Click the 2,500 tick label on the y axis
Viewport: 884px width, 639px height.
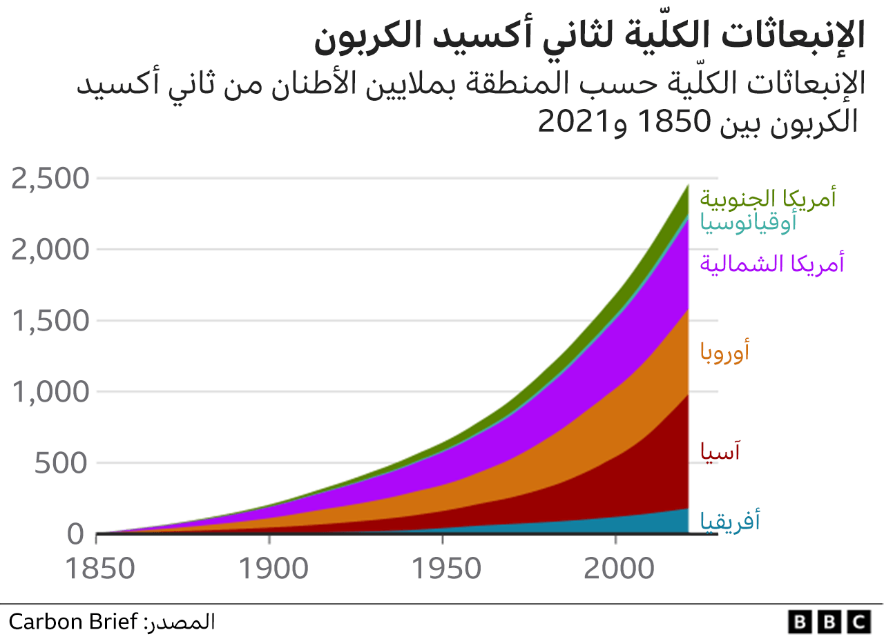(51, 179)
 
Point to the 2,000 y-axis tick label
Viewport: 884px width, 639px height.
(51, 250)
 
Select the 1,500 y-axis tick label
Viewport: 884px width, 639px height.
(51, 321)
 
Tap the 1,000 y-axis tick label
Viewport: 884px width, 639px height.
(51, 392)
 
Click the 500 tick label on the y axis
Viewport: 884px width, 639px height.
(62, 463)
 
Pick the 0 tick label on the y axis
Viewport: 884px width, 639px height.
(76, 534)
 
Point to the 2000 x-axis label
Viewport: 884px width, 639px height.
(616, 569)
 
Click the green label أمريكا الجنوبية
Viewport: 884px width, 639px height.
(768, 198)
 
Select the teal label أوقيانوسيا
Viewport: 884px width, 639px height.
(749, 222)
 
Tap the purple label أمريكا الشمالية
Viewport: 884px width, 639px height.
(772, 264)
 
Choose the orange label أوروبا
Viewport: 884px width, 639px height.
(725, 352)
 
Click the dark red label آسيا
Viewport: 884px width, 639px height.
(720, 451)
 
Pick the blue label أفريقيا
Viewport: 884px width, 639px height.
(731, 520)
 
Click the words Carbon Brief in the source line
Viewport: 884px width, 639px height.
(73, 622)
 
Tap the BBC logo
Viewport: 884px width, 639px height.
(828, 622)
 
